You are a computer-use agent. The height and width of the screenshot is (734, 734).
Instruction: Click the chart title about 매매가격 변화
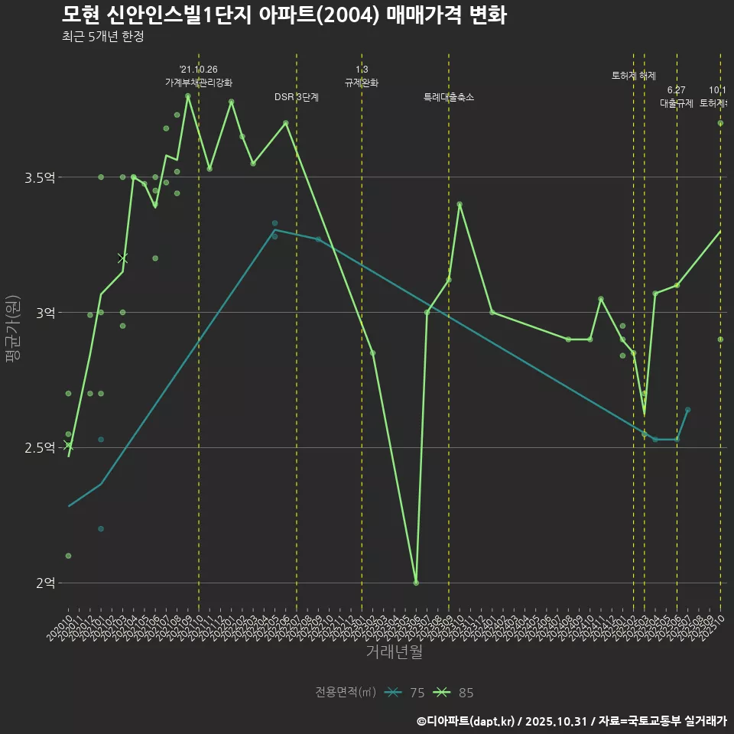(284, 15)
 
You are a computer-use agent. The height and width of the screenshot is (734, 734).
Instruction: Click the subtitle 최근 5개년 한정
(102, 37)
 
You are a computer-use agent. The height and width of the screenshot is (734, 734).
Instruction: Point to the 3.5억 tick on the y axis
(40, 177)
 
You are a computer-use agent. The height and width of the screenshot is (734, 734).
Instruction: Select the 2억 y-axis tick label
(45, 583)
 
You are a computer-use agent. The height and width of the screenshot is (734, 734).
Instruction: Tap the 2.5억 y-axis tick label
(40, 447)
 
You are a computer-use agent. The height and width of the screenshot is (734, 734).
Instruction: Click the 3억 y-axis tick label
(45, 313)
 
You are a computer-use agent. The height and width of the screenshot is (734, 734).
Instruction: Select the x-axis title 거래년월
(394, 651)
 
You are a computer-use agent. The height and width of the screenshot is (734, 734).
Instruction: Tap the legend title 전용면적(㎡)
(346, 693)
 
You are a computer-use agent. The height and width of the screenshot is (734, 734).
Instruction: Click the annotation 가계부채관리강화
(199, 83)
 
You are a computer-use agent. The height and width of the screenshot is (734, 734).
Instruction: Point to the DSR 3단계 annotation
(297, 97)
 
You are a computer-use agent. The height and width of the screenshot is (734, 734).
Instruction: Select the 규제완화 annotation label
(362, 83)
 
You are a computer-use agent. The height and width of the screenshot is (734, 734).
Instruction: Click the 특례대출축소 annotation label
(449, 97)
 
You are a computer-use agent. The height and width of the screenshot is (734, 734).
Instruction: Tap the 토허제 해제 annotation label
(634, 76)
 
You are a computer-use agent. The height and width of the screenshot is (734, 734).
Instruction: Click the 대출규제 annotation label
(677, 103)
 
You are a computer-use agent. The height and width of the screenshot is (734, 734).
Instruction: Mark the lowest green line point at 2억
(416, 583)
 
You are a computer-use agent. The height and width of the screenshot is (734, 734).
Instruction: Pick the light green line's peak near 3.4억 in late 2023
(460, 204)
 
